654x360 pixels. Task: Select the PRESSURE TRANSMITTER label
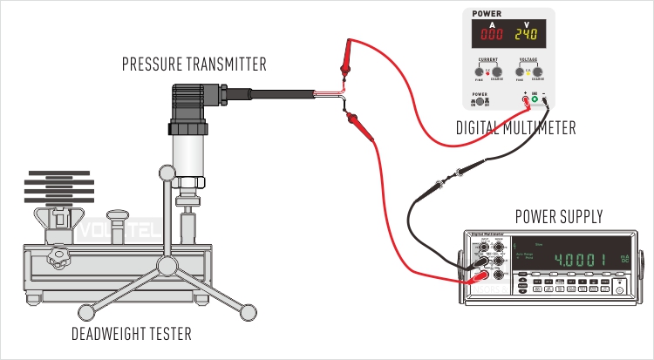(x=194, y=64)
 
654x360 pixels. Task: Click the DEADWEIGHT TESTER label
(x=133, y=334)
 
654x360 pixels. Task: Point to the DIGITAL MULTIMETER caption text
(x=516, y=129)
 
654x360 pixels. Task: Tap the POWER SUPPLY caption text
(x=559, y=217)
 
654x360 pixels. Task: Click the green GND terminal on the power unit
(x=535, y=100)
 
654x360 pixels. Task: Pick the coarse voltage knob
(x=542, y=72)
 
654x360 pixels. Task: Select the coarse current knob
(x=496, y=72)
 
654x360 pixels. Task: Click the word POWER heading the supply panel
(x=487, y=14)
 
